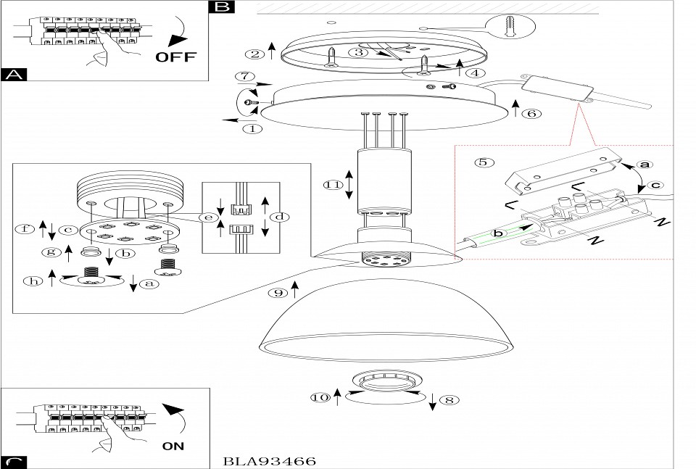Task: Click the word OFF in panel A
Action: (176, 57)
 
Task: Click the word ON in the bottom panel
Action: (173, 447)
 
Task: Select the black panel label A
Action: (14, 74)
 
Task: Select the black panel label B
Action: (221, 7)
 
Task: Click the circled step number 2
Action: (253, 54)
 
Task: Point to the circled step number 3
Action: (357, 51)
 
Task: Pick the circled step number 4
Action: (475, 72)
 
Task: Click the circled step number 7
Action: (246, 75)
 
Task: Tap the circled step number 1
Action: (252, 129)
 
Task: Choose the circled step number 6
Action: (531, 113)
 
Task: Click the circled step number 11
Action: (333, 186)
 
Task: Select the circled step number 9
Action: (276, 294)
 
